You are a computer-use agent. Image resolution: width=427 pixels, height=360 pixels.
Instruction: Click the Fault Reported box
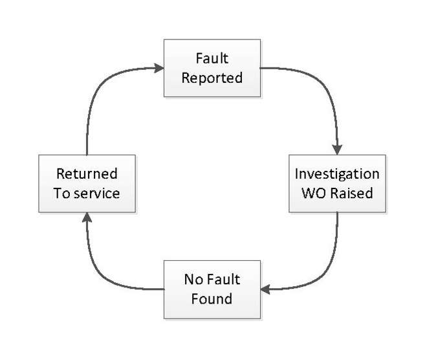tap(212, 68)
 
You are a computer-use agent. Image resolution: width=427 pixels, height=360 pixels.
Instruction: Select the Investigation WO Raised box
tap(336, 183)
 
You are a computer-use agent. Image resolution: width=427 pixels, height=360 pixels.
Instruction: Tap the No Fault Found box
tap(212, 289)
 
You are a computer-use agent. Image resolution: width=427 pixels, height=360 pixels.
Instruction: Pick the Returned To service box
tap(87, 183)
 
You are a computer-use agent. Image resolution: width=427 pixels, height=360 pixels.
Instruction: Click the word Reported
tap(212, 78)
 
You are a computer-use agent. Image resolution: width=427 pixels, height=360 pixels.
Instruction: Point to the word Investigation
tap(337, 174)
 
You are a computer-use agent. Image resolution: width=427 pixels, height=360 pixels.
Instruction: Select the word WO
tap(315, 193)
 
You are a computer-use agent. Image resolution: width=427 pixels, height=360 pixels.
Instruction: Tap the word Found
tap(212, 299)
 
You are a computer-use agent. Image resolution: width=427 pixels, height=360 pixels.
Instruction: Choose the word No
tap(193, 280)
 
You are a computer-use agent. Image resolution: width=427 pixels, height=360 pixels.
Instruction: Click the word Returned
tap(87, 174)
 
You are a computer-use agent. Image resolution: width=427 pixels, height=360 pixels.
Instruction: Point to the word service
tap(96, 193)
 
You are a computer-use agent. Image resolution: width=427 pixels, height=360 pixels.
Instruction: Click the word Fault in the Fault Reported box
tap(212, 59)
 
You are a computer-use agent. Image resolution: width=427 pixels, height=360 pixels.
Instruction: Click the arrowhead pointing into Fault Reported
tap(159, 67)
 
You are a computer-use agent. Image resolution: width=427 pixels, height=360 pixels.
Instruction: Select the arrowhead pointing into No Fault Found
tap(265, 289)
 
